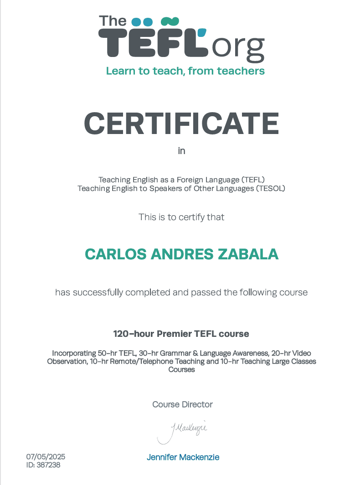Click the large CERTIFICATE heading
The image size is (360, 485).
[x=181, y=123]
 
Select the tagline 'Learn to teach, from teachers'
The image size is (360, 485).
[x=185, y=71]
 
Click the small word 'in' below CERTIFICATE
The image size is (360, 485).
[x=181, y=151]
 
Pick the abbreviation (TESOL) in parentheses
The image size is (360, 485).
[x=270, y=188]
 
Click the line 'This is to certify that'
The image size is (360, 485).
[x=181, y=217]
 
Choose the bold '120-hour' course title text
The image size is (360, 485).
[x=134, y=334]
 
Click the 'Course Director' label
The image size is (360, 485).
[x=182, y=404]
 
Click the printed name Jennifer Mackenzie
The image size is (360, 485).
[x=183, y=457]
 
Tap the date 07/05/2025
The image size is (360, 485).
[x=46, y=456]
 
